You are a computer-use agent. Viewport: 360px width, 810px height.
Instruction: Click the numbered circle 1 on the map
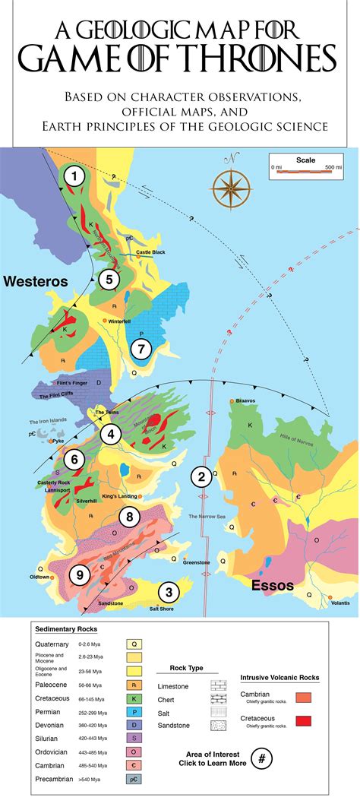[74, 177]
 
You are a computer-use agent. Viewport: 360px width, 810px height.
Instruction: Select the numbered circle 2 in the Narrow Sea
[201, 476]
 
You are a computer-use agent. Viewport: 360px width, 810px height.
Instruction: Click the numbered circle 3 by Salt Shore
[169, 592]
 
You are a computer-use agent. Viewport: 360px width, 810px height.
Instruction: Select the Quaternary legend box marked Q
[134, 644]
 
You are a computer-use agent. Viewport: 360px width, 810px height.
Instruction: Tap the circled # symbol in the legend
[263, 758]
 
